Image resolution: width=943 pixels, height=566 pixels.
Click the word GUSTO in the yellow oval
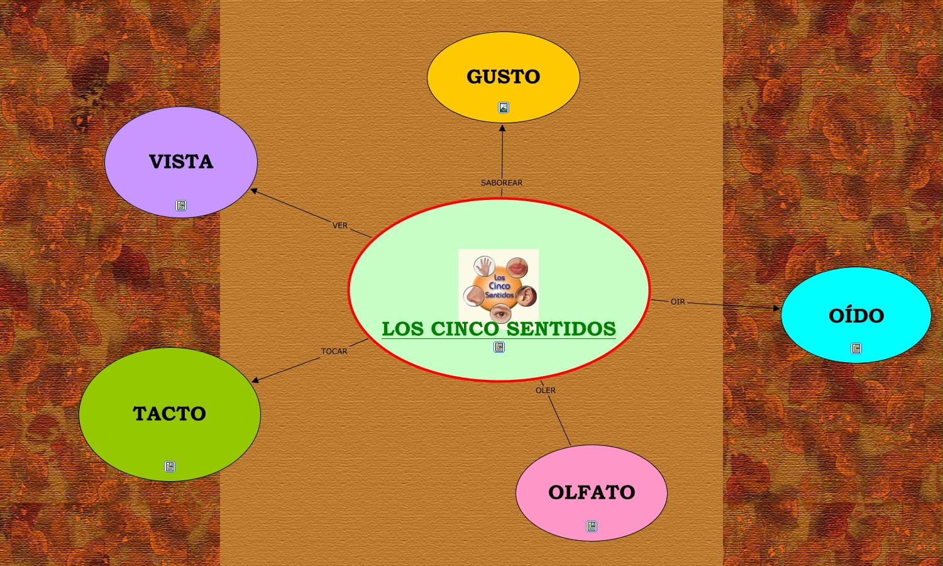[503, 77]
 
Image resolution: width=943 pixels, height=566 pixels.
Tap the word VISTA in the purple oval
[181, 162]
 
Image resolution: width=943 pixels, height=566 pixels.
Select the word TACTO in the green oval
[169, 413]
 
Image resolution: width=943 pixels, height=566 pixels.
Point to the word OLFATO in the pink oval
[592, 492]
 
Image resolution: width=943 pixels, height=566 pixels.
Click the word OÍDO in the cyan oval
[856, 315]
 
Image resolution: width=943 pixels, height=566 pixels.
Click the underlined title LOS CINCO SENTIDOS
[499, 329]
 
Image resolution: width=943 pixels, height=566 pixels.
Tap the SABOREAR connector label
[502, 183]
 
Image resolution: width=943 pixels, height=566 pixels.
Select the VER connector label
[340, 225]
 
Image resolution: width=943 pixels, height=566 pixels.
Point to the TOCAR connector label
[334, 352]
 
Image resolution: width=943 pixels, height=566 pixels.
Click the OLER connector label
[546, 391]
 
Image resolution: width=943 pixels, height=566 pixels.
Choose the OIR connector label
[678, 302]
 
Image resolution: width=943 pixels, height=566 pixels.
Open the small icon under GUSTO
[504, 108]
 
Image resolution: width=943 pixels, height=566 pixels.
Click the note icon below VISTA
[181, 206]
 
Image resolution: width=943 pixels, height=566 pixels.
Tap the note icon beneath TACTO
[170, 467]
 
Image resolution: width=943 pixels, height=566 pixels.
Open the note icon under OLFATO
[592, 526]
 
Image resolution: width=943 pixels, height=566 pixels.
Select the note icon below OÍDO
[856, 348]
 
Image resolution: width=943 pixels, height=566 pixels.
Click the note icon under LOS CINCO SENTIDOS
[499, 347]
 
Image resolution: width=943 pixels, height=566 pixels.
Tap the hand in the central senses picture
[483, 266]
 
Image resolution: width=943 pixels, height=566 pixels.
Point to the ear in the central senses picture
[526, 295]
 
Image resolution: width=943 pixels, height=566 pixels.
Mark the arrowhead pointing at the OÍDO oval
[777, 308]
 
